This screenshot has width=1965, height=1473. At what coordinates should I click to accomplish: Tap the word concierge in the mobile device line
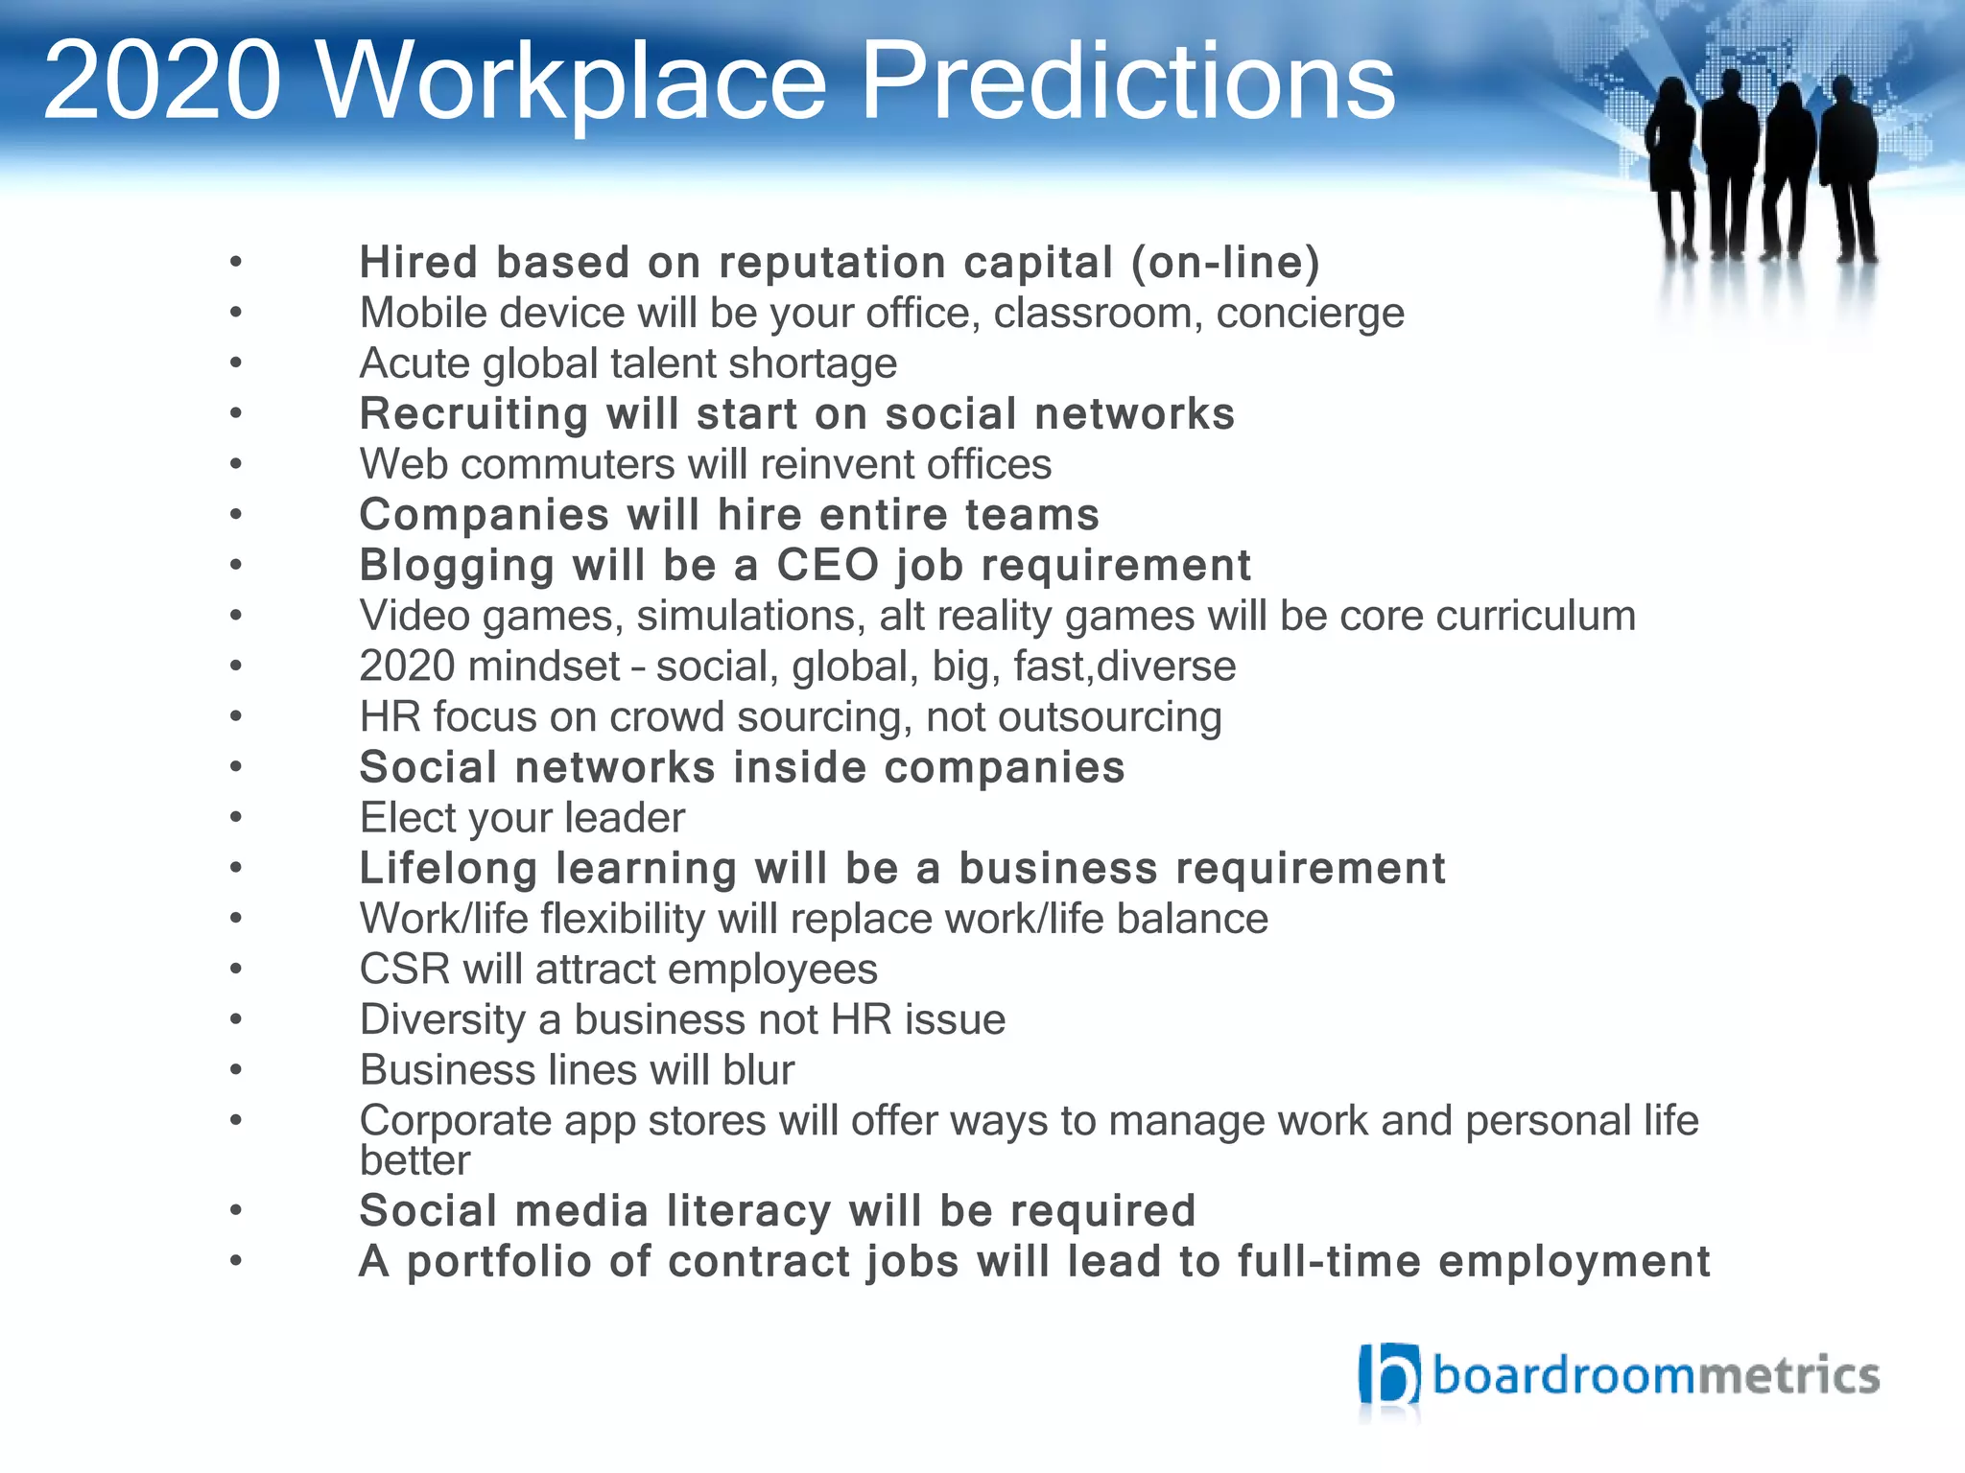[1310, 314]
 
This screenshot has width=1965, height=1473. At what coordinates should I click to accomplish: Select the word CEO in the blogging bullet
[827, 565]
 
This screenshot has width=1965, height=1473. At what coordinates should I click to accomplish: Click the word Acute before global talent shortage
[414, 363]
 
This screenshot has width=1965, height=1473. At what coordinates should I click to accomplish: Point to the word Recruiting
[473, 415]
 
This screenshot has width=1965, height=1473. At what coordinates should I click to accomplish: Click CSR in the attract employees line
[404, 970]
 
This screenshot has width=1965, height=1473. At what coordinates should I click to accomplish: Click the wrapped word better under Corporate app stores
[414, 1161]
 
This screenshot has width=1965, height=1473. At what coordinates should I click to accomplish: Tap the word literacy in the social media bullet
[748, 1211]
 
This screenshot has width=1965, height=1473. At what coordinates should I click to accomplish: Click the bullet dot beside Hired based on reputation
[236, 262]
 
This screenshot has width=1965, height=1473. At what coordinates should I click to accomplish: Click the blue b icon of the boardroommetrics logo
[1388, 1376]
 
